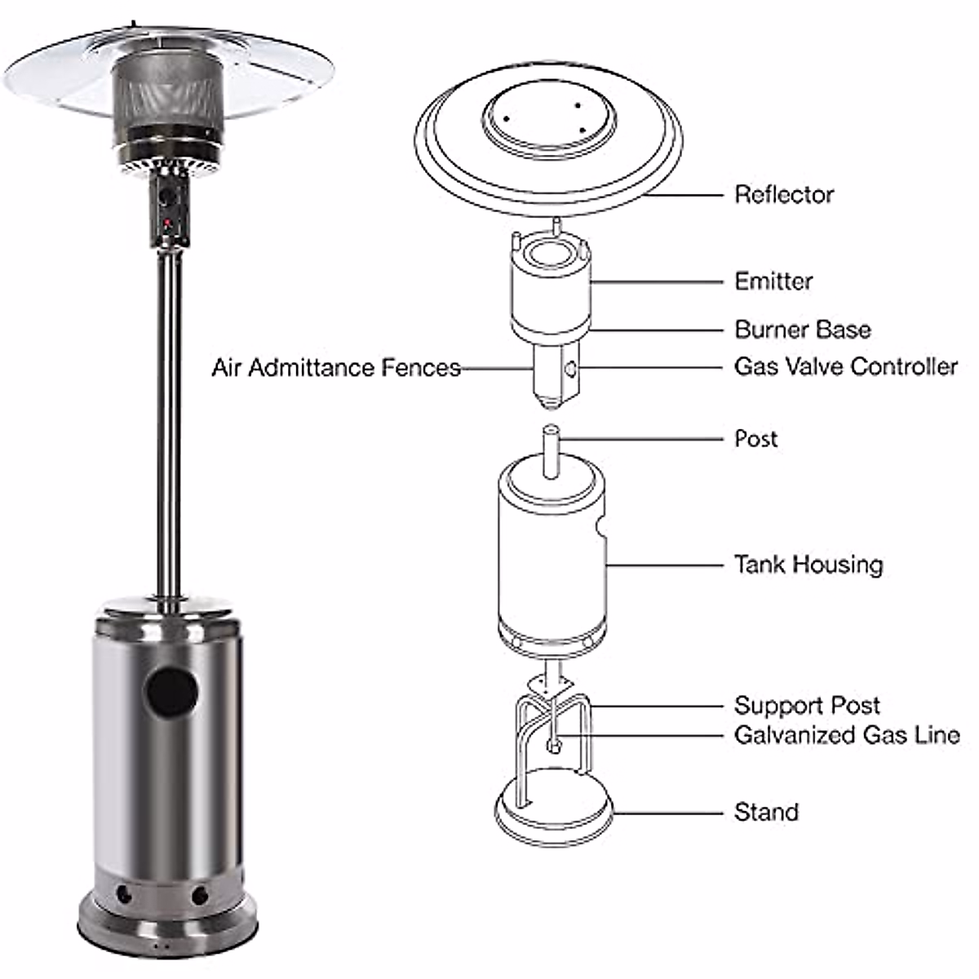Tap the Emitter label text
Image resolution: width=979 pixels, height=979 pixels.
[773, 281]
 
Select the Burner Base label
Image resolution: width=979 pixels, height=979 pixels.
[802, 330]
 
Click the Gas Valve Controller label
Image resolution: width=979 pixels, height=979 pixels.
[845, 366]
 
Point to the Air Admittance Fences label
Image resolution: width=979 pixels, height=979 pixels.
[336, 368]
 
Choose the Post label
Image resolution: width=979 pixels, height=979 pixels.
[755, 439]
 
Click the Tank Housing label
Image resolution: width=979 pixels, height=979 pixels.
[808, 565]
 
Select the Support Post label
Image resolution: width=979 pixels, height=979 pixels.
[806, 706]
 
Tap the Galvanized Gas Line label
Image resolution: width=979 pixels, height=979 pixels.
[846, 735]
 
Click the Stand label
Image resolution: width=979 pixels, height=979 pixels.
[765, 813]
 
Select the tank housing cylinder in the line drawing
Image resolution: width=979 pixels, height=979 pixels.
[551, 563]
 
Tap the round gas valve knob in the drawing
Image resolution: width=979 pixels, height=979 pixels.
[570, 370]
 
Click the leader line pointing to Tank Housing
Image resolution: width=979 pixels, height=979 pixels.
[664, 565]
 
